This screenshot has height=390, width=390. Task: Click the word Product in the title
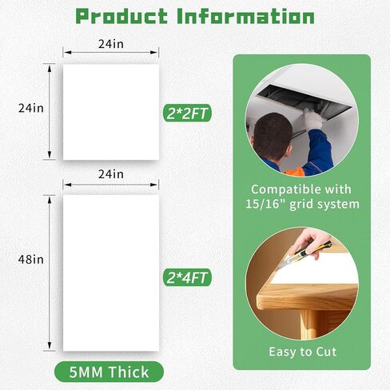click(121, 16)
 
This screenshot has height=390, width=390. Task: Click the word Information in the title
click(245, 16)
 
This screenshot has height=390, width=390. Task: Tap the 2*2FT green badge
click(187, 113)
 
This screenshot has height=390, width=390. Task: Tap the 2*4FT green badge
click(187, 277)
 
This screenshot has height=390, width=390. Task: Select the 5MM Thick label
click(109, 372)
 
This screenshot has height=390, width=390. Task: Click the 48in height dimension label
click(31, 260)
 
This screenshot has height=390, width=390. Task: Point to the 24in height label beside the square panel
click(31, 108)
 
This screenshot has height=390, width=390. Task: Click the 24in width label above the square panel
click(111, 44)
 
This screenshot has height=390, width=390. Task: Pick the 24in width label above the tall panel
click(111, 174)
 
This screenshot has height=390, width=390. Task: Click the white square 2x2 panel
click(111, 112)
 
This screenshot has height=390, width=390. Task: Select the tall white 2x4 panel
click(111, 273)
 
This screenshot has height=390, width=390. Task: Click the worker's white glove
click(312, 119)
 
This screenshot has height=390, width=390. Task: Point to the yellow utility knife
click(306, 254)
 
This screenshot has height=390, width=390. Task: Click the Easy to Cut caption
click(303, 352)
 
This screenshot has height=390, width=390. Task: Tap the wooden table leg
click(308, 324)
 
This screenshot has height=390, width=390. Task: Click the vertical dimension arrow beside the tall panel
click(50, 273)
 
